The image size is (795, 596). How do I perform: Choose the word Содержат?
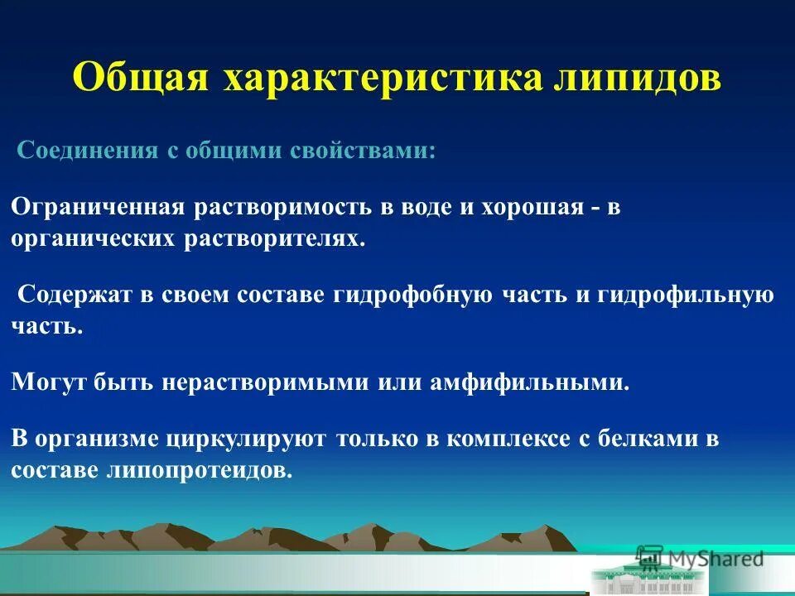pyautogui.click(x=71, y=296)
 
